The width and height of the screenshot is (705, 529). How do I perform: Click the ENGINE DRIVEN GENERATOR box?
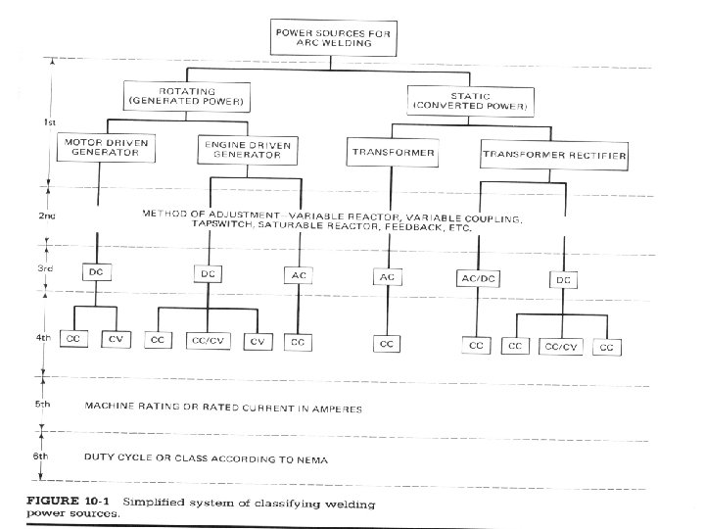click(249, 152)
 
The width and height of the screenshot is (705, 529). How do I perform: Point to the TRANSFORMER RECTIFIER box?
click(554, 154)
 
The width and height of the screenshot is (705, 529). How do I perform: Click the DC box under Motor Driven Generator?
click(96, 271)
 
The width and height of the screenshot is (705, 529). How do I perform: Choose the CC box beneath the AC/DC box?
click(477, 345)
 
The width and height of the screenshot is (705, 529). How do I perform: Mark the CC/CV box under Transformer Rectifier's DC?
click(562, 345)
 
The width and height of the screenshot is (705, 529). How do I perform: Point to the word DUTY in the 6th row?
click(101, 457)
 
